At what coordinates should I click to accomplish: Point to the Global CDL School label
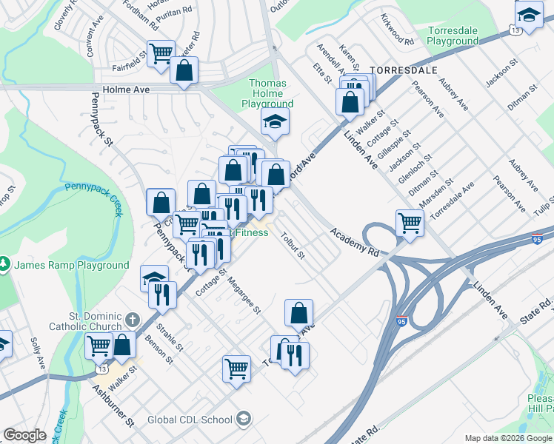tap(189, 420)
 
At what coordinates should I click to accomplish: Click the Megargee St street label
tap(244, 295)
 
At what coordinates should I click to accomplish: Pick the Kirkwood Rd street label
tap(396, 29)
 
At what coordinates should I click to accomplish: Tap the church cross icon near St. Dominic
tap(132, 320)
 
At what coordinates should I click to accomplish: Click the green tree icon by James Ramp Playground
tap(4, 264)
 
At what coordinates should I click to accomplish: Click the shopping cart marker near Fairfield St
tap(161, 53)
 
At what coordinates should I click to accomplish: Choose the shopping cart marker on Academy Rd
tap(410, 222)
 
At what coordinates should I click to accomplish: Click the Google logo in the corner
tap(25, 435)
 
